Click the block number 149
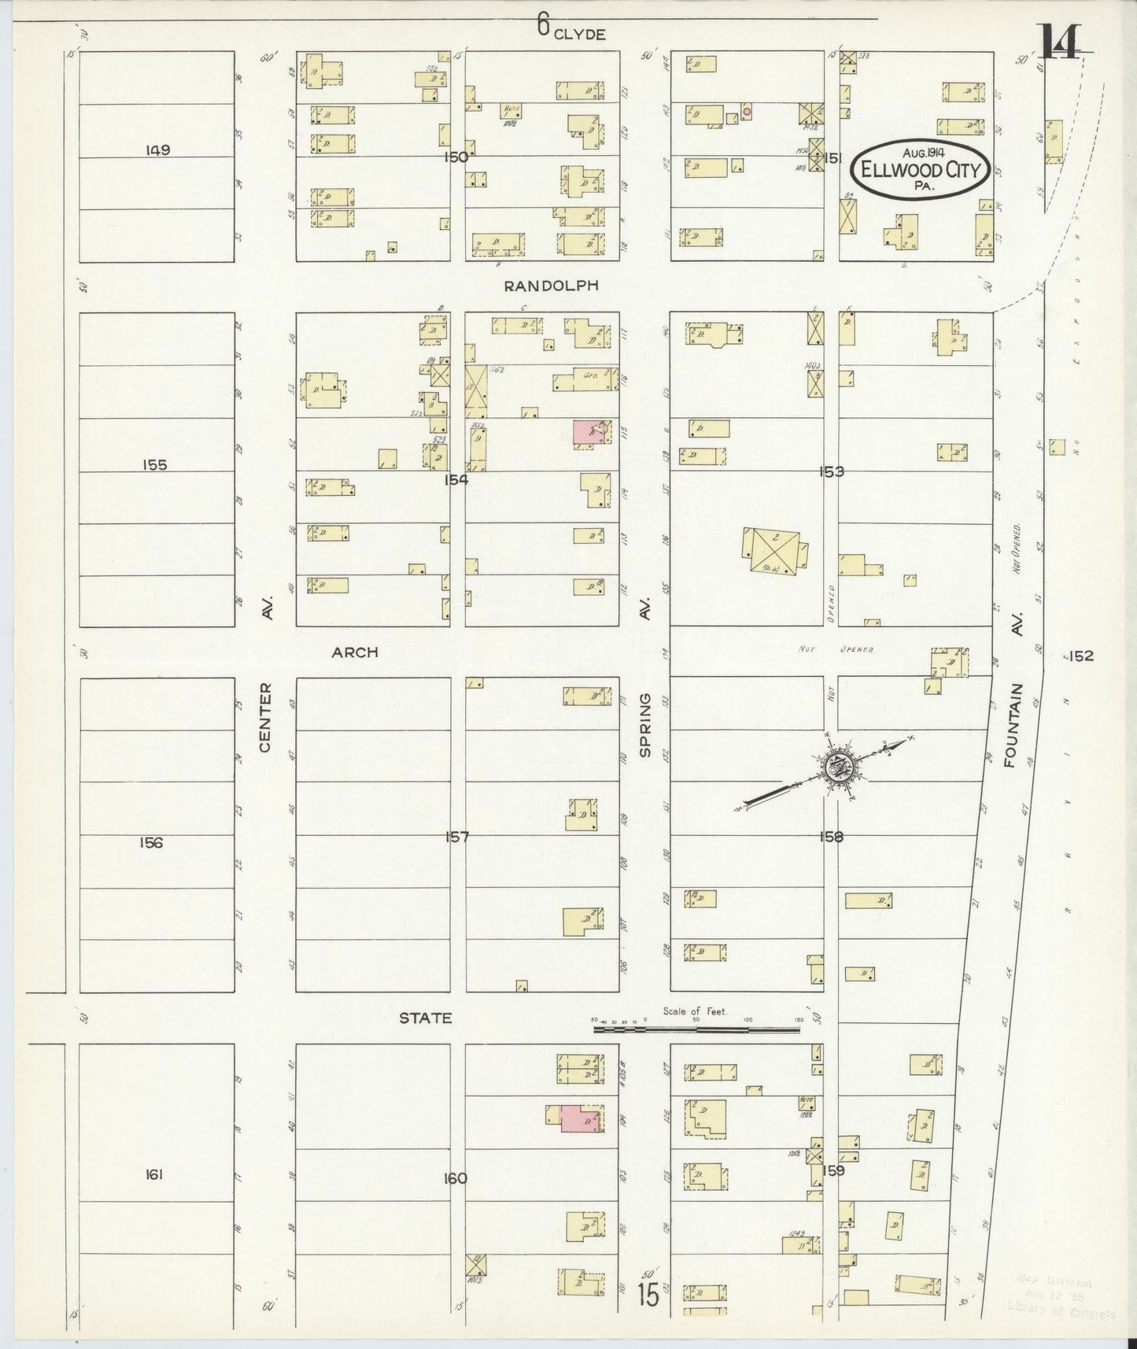coord(157,150)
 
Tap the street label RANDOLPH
coord(551,286)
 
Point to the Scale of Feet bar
coord(696,1029)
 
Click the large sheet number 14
coord(1059,43)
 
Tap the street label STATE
coord(425,1018)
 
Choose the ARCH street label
coord(354,652)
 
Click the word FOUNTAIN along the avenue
coord(1011,725)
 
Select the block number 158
coord(831,837)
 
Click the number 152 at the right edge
coord(1080,656)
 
